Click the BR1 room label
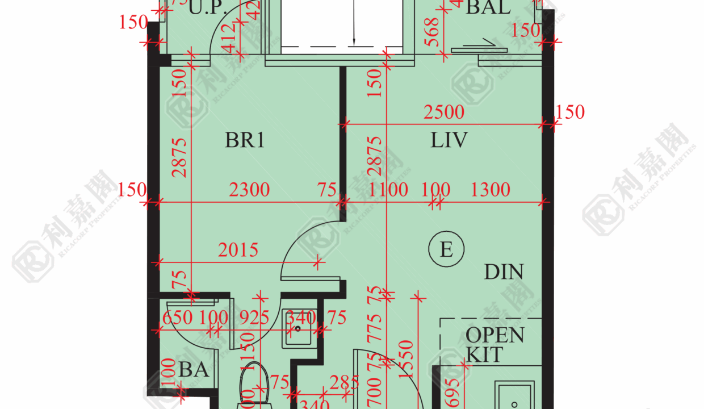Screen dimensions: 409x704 [x=245, y=140]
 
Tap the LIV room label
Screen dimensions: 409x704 [x=449, y=140]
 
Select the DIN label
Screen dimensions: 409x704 [x=504, y=272]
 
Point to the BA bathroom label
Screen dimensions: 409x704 [x=194, y=370]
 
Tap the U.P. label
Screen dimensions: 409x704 [x=207, y=7]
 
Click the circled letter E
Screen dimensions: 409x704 [x=447, y=249]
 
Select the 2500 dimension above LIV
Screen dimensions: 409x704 [x=444, y=112]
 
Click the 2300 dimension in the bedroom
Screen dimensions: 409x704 [x=249, y=190]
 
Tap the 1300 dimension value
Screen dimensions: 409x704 [x=491, y=190]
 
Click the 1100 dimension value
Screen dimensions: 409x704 [x=388, y=190]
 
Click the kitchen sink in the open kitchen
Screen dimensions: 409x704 [x=514, y=395]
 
